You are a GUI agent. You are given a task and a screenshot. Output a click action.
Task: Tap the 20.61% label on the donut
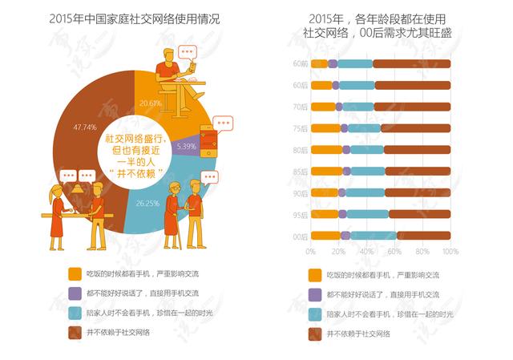[150, 103]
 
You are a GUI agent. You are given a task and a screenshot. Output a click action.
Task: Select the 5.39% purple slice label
[185, 147]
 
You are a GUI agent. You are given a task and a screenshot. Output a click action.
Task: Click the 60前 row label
[301, 63]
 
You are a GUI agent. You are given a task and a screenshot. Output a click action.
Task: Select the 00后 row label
[301, 236]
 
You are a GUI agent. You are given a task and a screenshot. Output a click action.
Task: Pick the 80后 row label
[301, 149]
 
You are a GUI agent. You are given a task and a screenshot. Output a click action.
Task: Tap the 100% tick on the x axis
[450, 252]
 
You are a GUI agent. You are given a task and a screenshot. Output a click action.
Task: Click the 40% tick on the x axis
[366, 252]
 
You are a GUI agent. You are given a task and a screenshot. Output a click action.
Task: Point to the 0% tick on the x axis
[311, 252]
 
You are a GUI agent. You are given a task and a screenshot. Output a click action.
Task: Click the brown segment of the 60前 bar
[412, 63]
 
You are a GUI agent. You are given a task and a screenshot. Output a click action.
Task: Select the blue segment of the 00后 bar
[373, 236]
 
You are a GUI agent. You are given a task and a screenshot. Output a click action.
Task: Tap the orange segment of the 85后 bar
[326, 171]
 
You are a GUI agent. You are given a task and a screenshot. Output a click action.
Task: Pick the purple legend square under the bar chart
[314, 293]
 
